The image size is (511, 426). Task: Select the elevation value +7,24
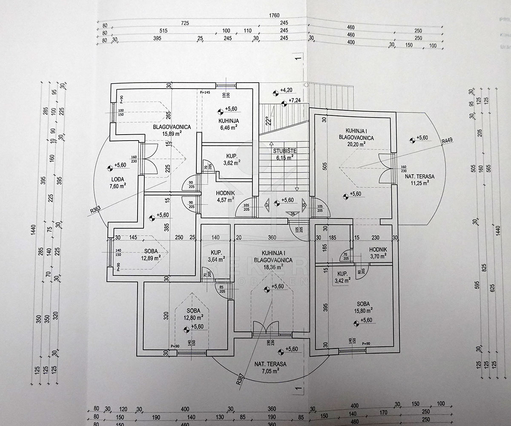pos(295,100)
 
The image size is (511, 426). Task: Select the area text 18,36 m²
pos(273,267)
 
